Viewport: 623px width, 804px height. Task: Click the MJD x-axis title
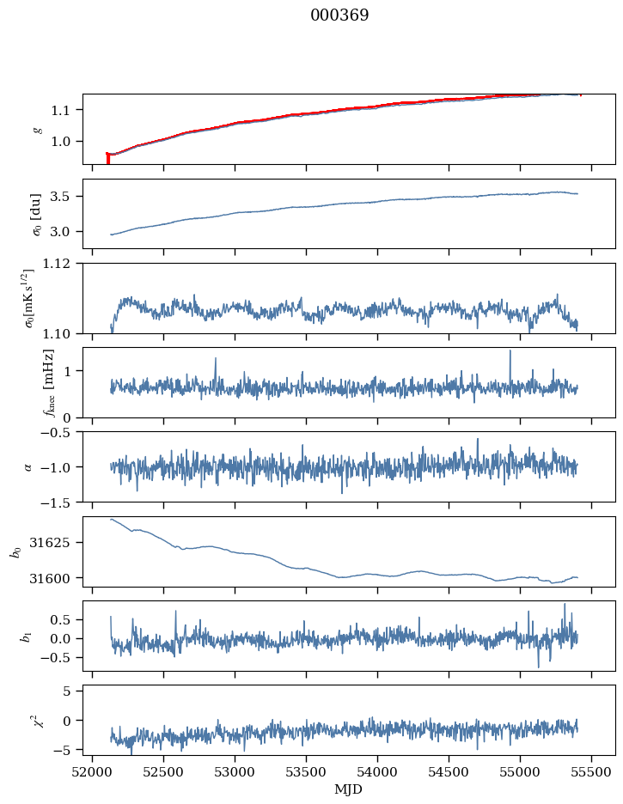[x=349, y=789]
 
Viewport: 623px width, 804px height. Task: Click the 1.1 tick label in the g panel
[x=66, y=110]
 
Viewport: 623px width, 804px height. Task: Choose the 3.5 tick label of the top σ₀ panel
[x=66, y=197]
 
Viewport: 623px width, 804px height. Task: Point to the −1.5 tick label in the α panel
[x=61, y=502]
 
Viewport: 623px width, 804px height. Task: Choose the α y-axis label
[x=28, y=466]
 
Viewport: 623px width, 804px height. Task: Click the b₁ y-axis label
[x=28, y=636]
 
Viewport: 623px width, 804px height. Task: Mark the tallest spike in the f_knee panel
[x=510, y=351]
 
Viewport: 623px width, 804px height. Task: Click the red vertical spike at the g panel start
[x=107, y=158]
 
